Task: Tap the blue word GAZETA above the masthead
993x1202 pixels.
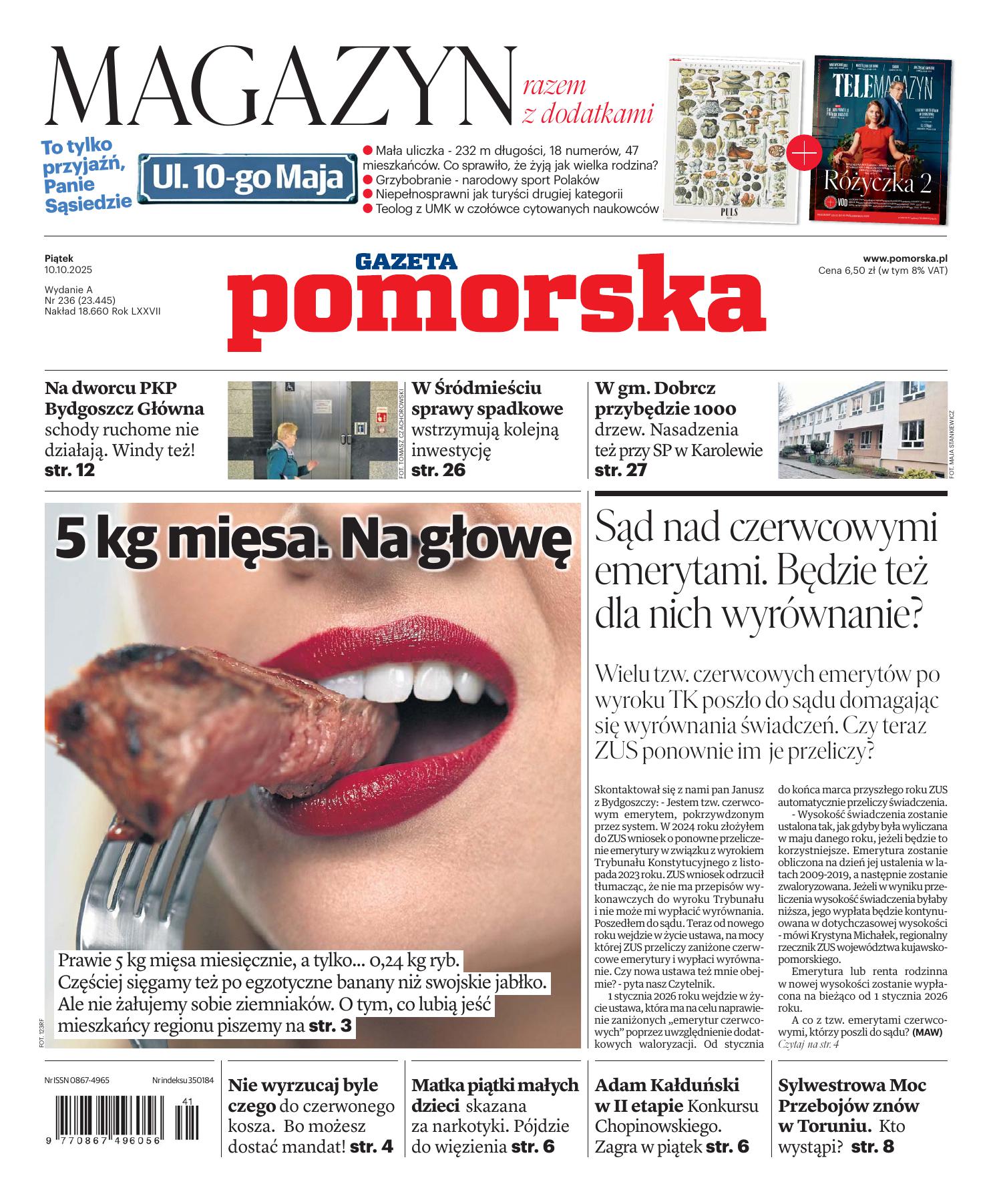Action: pos(405,261)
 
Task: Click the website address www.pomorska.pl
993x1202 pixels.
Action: pos(905,258)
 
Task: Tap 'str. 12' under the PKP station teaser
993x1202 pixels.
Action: pos(69,470)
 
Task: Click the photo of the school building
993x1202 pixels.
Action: pos(861,429)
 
